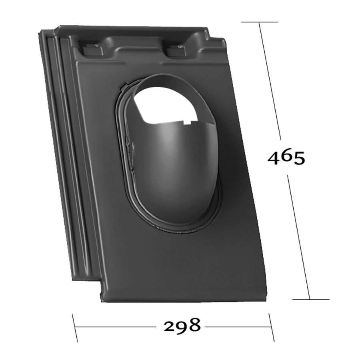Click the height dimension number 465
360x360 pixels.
tap(286, 158)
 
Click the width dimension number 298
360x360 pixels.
tap(182, 325)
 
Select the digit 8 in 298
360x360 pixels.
tap(195, 325)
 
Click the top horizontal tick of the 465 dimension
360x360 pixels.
tap(260, 22)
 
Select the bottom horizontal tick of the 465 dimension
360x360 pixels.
tap(311, 299)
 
